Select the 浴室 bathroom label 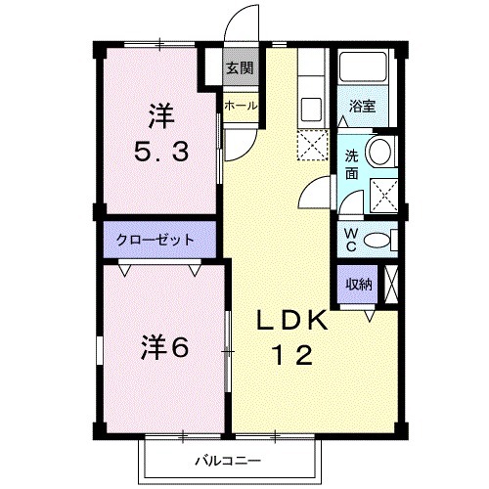click(x=363, y=106)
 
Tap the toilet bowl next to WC click(x=384, y=239)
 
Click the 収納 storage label click(x=358, y=284)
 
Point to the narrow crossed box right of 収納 click(x=392, y=283)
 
